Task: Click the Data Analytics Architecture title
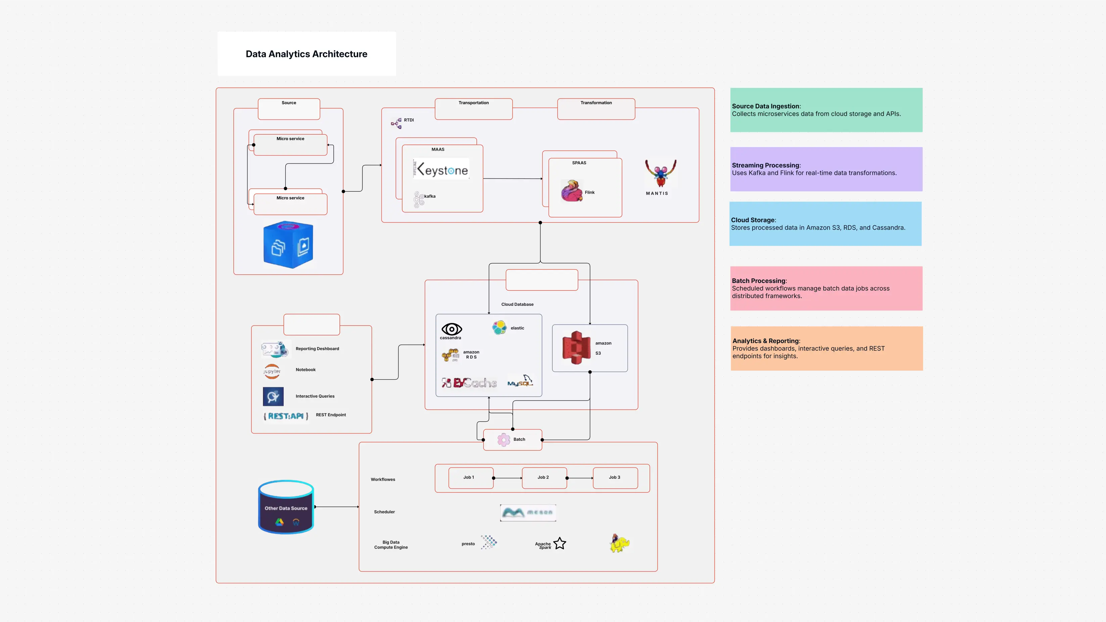(x=306, y=54)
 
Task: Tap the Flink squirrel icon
(x=572, y=191)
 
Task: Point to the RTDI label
(x=408, y=120)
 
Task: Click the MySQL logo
(x=520, y=381)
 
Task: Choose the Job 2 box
(x=543, y=478)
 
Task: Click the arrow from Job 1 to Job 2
(x=508, y=478)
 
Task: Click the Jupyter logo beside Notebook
(x=272, y=371)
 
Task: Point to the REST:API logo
(x=286, y=416)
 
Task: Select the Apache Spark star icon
(x=560, y=543)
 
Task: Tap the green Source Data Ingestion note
(x=826, y=110)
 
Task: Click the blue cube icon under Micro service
(x=288, y=245)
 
